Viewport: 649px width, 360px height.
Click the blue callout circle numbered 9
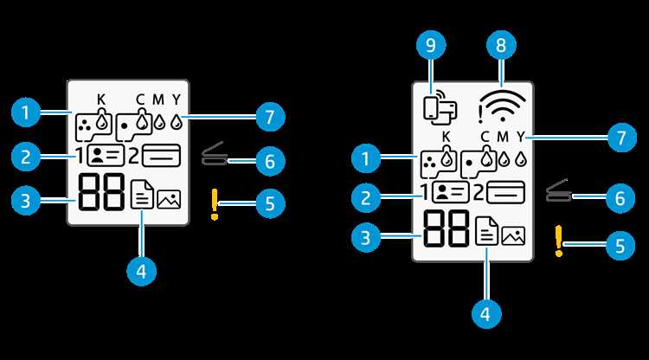(431, 45)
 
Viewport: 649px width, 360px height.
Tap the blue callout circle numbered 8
(501, 45)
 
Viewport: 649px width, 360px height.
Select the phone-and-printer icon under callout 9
(440, 110)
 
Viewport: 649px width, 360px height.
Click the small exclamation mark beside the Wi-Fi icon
(480, 114)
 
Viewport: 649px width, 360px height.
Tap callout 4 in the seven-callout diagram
(142, 272)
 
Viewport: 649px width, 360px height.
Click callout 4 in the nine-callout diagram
(486, 313)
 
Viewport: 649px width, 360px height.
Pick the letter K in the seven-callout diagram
(101, 100)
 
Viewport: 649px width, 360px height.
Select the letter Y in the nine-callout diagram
(520, 136)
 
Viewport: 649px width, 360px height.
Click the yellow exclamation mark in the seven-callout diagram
(215, 204)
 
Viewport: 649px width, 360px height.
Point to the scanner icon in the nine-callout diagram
(559, 191)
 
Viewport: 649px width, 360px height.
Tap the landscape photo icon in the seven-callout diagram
(169, 199)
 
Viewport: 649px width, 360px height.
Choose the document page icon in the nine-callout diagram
(486, 232)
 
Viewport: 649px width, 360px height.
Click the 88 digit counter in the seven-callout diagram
(101, 192)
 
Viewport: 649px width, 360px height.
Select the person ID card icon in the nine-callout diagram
(450, 192)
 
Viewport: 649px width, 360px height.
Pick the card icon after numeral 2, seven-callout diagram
(162, 156)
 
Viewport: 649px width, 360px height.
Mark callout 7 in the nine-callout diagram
(621, 137)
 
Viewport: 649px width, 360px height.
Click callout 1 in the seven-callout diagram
(26, 112)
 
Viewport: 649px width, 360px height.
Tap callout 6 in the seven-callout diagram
(270, 161)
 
